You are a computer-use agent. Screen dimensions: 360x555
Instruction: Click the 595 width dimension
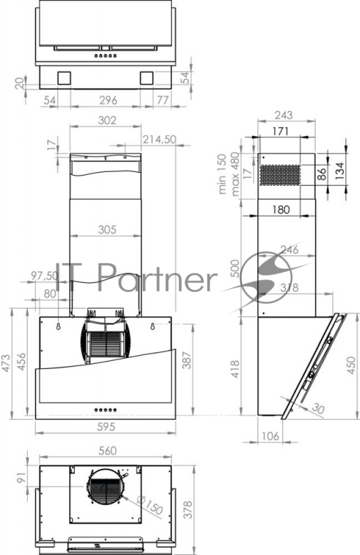106,427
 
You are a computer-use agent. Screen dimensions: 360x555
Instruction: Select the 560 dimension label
108,450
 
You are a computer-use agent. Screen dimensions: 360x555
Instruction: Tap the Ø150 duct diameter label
149,505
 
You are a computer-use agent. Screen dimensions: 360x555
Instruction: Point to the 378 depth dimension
188,509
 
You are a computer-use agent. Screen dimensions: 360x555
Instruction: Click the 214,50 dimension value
160,139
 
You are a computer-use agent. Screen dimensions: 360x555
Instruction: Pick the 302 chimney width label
107,120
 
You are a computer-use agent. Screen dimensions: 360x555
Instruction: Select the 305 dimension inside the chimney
107,230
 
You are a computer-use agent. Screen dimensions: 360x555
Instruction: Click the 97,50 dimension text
44,275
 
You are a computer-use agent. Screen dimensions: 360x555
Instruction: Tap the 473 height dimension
6,363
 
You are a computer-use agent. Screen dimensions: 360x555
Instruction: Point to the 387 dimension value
187,360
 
